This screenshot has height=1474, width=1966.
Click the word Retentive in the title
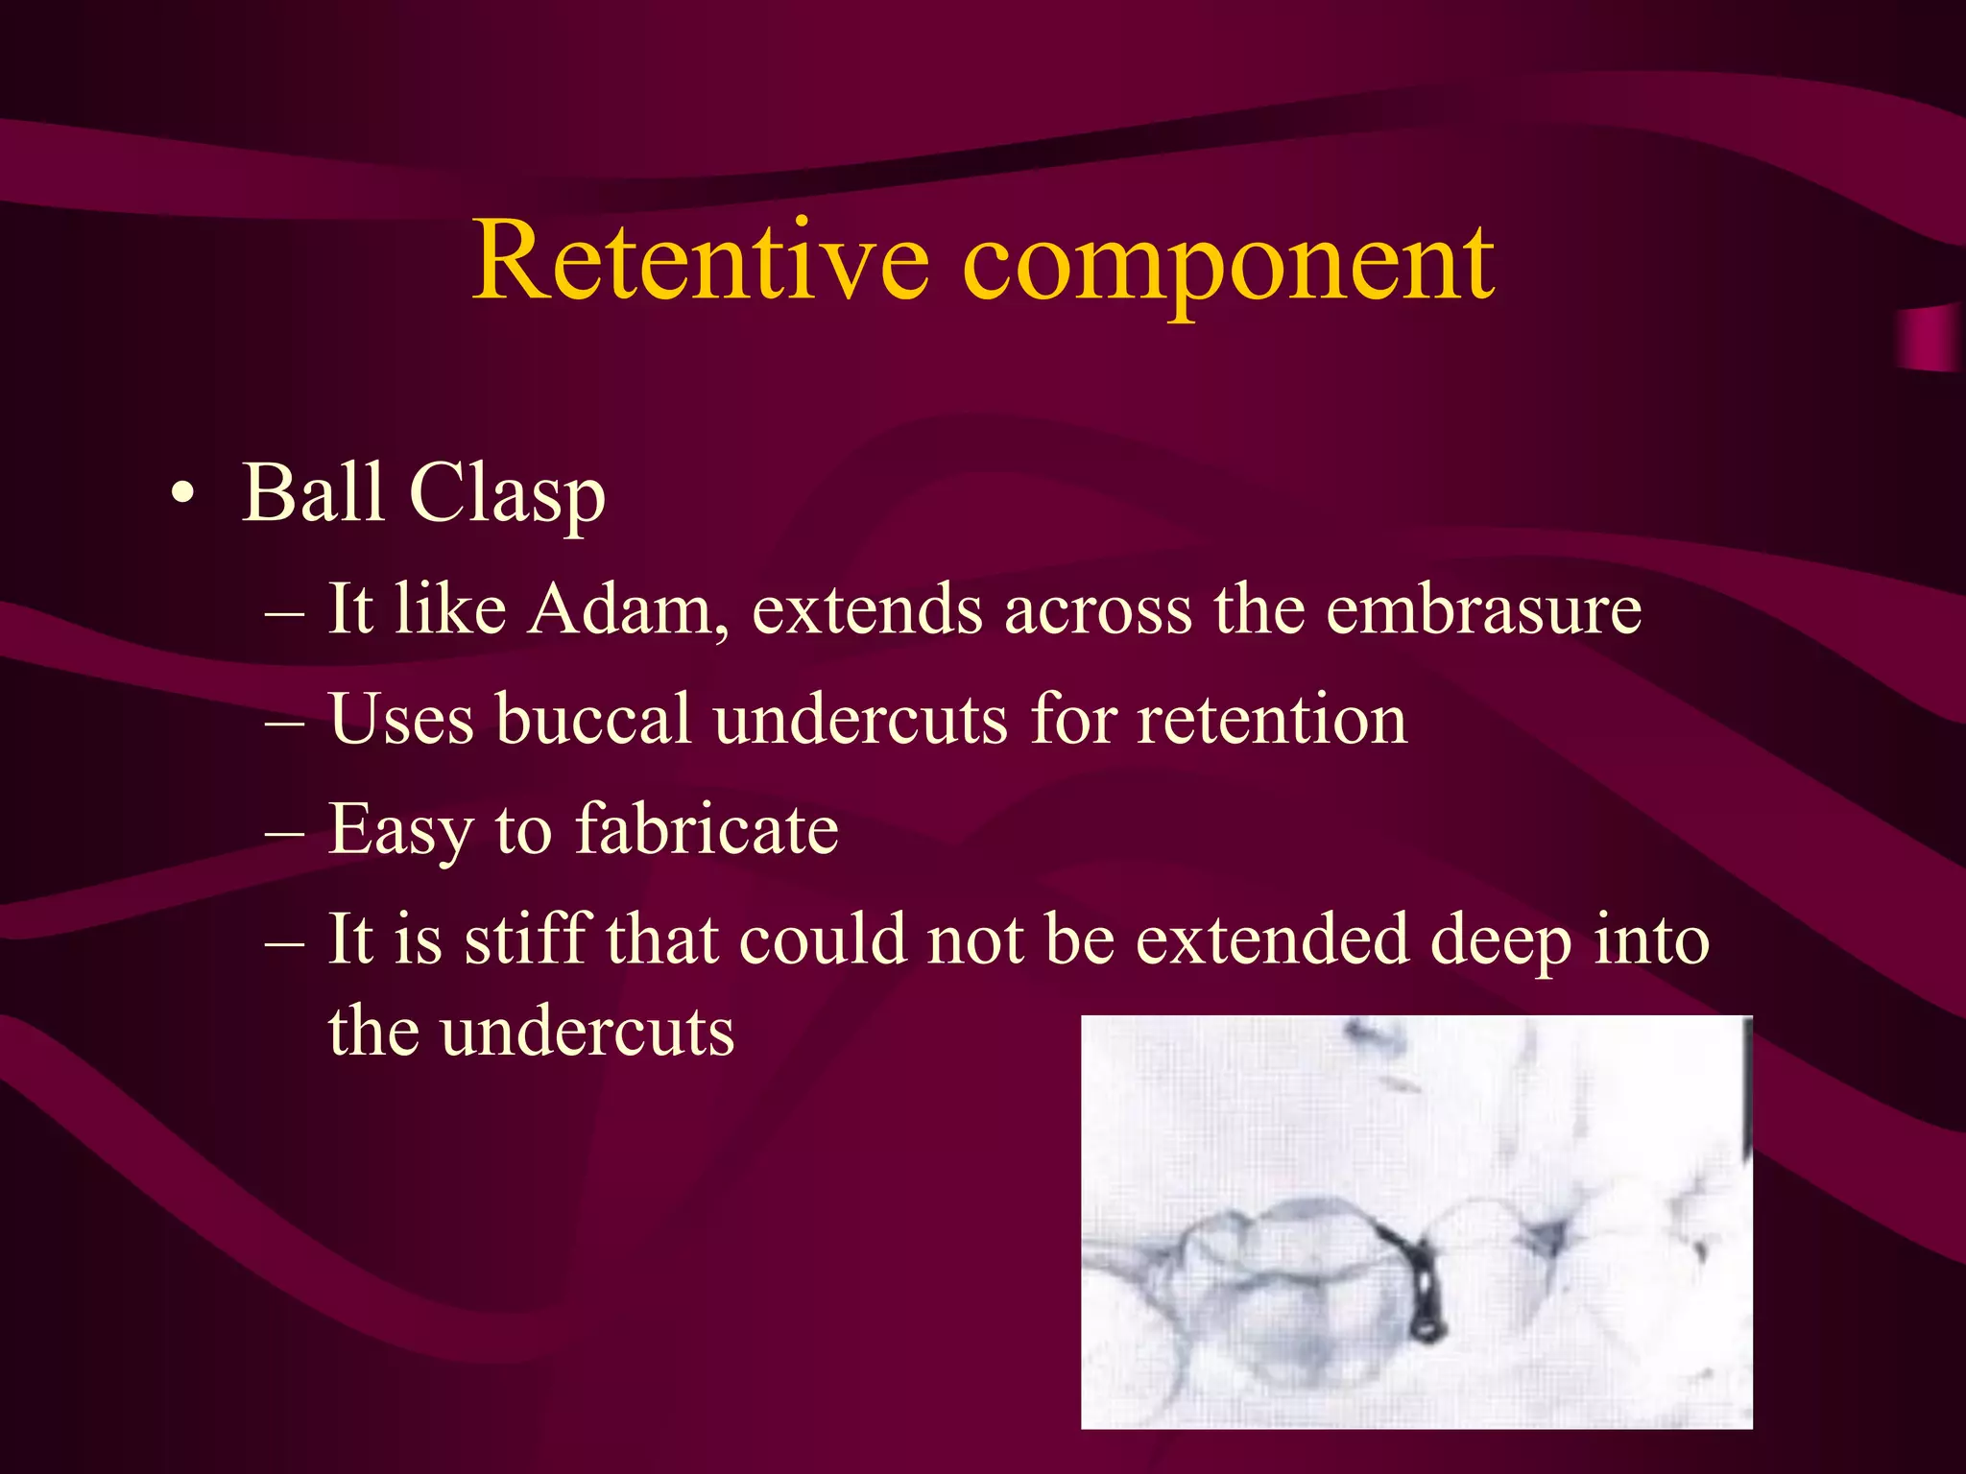pyautogui.click(x=701, y=261)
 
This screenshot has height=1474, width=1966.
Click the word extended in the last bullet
pyautogui.click(x=1272, y=938)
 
